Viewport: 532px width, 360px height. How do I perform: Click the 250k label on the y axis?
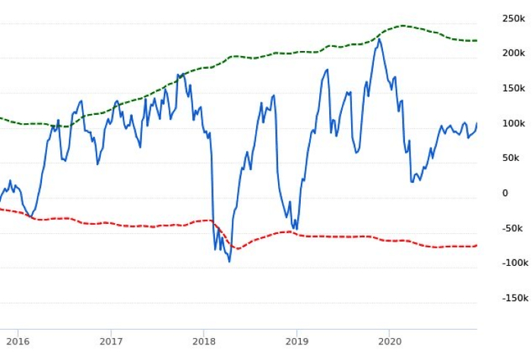click(514, 18)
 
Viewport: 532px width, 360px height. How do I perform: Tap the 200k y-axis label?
click(514, 53)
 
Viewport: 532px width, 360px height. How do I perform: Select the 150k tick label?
click(514, 88)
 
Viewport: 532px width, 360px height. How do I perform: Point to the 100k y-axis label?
click(514, 123)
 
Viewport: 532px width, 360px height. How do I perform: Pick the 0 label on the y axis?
click(505, 193)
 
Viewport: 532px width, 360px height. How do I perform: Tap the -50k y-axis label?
click(514, 228)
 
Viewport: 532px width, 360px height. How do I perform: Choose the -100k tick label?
click(514, 263)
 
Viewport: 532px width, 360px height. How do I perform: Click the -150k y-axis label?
click(514, 298)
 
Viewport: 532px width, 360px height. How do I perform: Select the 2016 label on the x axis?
click(17, 342)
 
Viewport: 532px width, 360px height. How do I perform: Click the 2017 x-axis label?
click(111, 342)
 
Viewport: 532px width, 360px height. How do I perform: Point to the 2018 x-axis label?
click(204, 342)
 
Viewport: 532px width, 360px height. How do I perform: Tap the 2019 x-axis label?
click(296, 342)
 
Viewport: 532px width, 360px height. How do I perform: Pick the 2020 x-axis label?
click(389, 342)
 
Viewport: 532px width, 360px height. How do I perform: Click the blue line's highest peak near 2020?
click(379, 39)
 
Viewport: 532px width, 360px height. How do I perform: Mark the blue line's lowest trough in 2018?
click(230, 262)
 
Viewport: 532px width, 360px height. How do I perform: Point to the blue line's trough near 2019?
click(296, 229)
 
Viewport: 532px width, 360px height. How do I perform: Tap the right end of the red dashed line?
click(477, 245)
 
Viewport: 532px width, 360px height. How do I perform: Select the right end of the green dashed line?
click(477, 40)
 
